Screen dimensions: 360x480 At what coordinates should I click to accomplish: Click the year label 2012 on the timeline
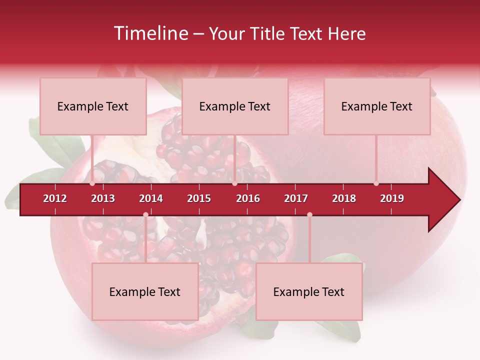[x=55, y=198]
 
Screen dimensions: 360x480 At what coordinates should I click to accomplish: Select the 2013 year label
[x=103, y=198]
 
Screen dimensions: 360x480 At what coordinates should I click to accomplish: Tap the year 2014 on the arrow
[x=151, y=198]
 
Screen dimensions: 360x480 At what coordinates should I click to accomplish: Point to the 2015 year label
[x=199, y=198]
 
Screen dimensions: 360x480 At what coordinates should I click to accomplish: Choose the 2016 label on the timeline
[x=248, y=198]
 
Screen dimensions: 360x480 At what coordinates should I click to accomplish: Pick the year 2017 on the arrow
[x=296, y=198]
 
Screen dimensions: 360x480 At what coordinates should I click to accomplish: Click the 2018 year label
[x=344, y=198]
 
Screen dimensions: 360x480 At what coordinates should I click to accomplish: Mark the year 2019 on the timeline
[x=392, y=198]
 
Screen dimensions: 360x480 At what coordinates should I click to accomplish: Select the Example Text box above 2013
[x=93, y=106]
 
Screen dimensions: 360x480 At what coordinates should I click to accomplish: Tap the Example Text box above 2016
[x=235, y=106]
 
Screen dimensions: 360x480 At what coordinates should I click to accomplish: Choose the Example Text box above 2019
[x=377, y=106]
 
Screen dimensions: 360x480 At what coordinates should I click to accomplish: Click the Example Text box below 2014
[x=145, y=292]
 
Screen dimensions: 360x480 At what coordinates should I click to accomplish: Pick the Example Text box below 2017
[x=309, y=292]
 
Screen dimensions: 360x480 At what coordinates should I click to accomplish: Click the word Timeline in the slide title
[x=150, y=33]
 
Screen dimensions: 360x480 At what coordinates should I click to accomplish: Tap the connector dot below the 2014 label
[x=145, y=215]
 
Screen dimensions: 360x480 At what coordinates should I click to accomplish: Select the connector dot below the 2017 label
[x=309, y=215]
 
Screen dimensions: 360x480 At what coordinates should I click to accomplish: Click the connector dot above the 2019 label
[x=376, y=183]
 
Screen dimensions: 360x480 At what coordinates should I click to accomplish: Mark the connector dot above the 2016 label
[x=234, y=183]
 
